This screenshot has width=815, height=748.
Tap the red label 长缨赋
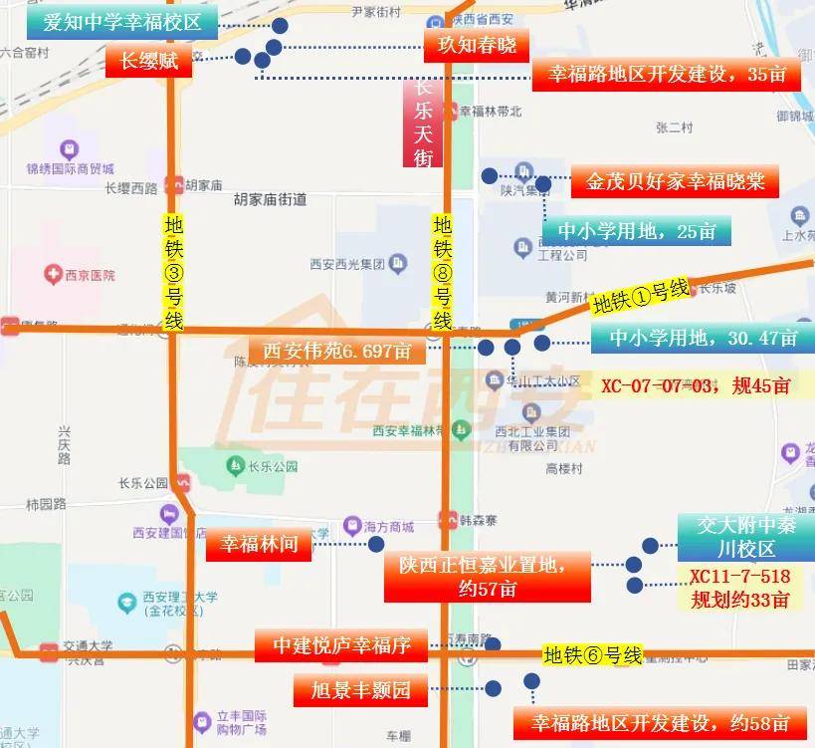148,61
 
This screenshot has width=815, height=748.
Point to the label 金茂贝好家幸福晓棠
676,182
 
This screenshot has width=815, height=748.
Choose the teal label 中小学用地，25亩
637,231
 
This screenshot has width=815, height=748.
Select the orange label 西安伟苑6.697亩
336,351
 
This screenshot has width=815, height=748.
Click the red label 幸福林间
259,544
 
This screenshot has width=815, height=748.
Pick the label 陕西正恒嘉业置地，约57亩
487,577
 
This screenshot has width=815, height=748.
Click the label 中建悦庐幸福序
341,644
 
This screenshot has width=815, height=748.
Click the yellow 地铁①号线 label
640,296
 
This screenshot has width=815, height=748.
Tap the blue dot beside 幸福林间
376,544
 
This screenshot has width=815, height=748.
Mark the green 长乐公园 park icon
234,465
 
